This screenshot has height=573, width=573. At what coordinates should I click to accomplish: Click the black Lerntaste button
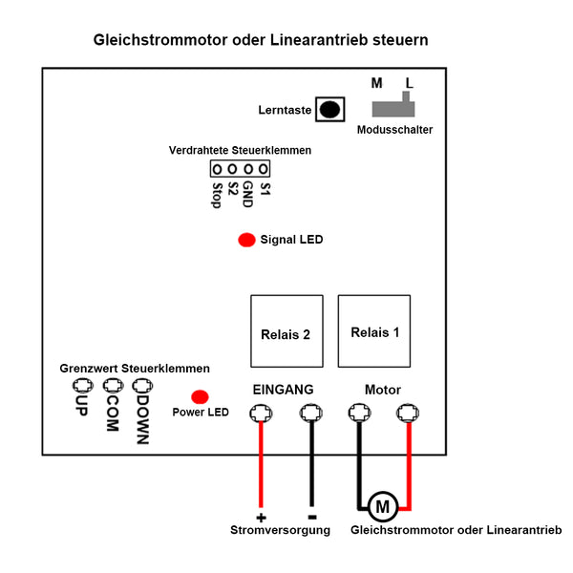coord(330,109)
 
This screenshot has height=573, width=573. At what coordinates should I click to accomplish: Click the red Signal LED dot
coord(245,240)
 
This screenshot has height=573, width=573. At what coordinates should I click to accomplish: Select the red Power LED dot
coord(201,396)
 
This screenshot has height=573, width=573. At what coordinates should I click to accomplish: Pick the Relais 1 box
coord(374,331)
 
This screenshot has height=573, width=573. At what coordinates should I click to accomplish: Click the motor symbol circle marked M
coord(382,505)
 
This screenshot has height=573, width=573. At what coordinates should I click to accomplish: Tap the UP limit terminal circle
coord(81,386)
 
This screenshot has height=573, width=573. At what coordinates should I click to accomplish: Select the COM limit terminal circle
coord(113,386)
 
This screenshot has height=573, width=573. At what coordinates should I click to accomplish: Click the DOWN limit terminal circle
coord(142,386)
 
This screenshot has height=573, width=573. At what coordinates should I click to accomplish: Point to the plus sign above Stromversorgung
coord(260,517)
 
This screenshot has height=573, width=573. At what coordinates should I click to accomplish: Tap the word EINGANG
coord(283,390)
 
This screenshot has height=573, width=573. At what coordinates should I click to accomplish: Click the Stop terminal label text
coord(217,195)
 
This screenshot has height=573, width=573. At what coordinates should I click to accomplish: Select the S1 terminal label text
coord(265,189)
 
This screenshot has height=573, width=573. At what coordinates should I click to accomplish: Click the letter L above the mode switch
coord(409,83)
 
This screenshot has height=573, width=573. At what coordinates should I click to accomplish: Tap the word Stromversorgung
coord(280,530)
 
